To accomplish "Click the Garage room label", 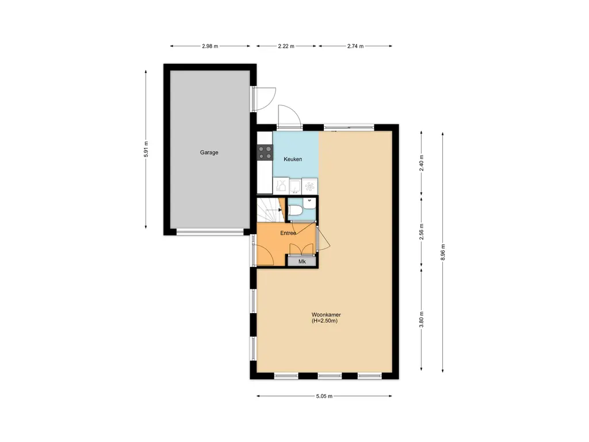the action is (209, 152).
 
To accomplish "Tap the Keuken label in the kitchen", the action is (293, 159).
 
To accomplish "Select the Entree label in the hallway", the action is (288, 233).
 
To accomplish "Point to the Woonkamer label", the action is (326, 315).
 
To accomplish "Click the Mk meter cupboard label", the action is (302, 262).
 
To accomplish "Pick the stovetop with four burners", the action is (265, 153).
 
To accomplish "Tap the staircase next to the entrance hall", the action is (270, 211).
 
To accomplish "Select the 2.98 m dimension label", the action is (210, 46).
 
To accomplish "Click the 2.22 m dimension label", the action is (286, 46).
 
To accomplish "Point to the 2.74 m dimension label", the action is (355, 46).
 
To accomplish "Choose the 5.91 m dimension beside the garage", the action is (146, 149).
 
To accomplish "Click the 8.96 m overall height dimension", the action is (443, 252).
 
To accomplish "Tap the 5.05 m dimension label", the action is (324, 396).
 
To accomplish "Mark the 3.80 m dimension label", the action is (422, 319).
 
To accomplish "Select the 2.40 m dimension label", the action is (422, 163).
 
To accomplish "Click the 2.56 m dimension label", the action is (422, 231).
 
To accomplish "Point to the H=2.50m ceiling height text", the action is (324, 321).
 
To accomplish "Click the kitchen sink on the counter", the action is (295, 186).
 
